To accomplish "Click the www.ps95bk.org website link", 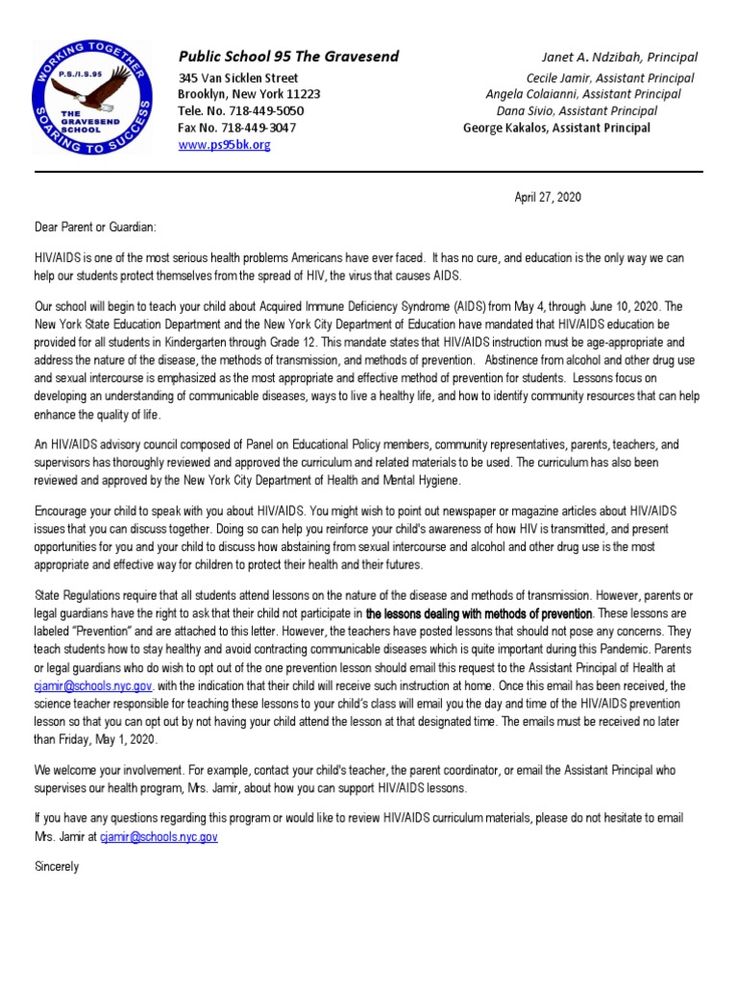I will [x=224, y=145].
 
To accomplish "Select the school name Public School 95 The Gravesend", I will [x=288, y=57].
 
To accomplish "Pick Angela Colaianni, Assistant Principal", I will [x=583, y=94].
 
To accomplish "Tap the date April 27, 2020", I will [x=548, y=198].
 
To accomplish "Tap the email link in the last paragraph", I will [x=159, y=837].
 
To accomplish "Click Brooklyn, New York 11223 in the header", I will [x=249, y=94].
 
